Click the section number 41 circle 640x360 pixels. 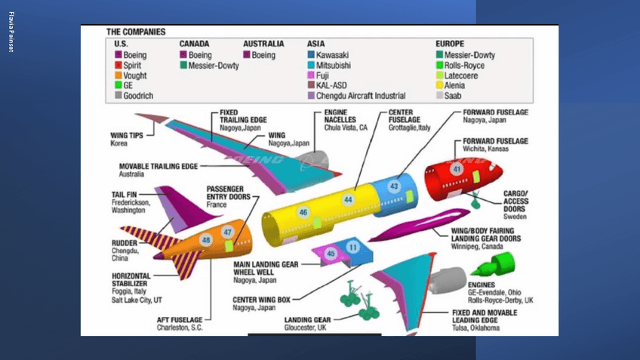(x=457, y=170)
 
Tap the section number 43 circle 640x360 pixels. (x=393, y=186)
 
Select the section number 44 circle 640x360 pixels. (x=348, y=199)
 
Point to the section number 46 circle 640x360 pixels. (x=303, y=213)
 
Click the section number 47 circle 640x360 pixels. (x=227, y=232)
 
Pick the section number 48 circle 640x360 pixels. (x=206, y=240)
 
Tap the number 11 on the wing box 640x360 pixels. (x=352, y=247)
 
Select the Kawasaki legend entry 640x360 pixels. (x=332, y=55)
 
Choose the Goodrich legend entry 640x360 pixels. (x=137, y=95)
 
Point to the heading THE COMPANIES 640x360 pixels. (x=136, y=32)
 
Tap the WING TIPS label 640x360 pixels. (x=126, y=137)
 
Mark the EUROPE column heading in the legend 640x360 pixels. (x=449, y=44)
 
